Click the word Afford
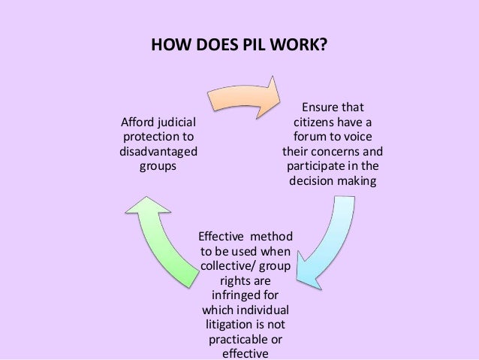click(139, 122)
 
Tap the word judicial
click(176, 122)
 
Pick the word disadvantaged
click(158, 151)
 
